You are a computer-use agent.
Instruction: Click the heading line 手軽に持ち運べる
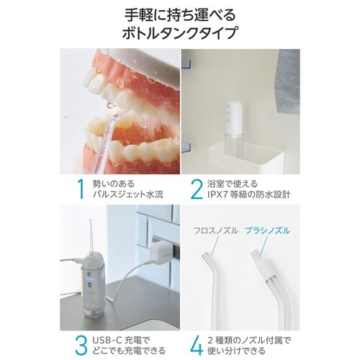click(180, 12)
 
